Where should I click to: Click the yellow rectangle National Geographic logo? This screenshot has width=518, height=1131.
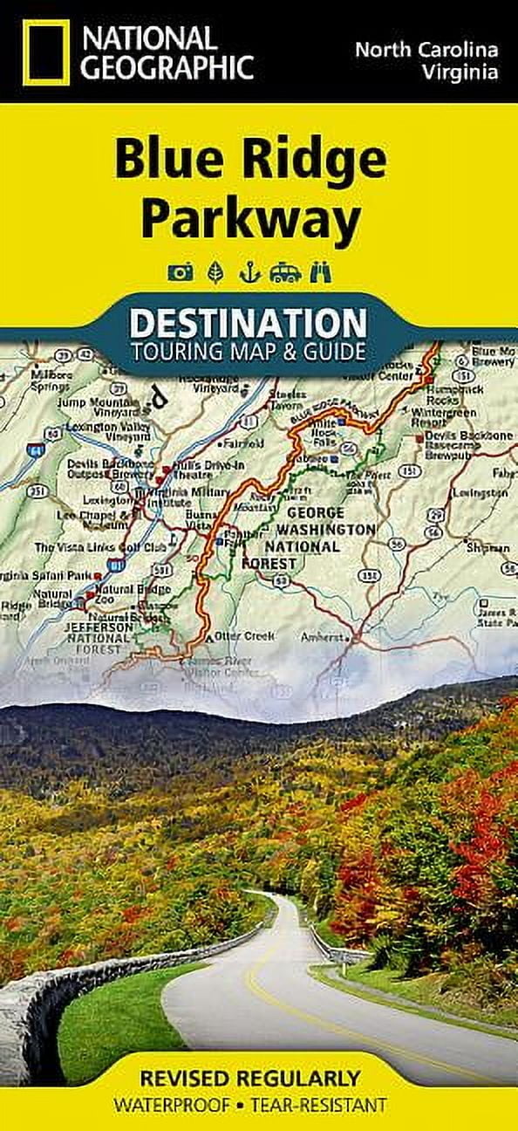pyautogui.click(x=45, y=52)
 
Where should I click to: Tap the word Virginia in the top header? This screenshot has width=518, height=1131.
pyautogui.click(x=462, y=72)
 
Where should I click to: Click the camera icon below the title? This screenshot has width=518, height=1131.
pyautogui.click(x=181, y=273)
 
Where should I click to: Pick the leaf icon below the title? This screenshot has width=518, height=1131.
pyautogui.click(x=215, y=273)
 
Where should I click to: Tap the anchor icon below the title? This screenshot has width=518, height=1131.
pyautogui.click(x=250, y=273)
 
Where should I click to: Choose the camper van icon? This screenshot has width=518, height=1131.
pyautogui.click(x=285, y=273)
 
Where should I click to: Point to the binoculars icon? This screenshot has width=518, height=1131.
pyautogui.click(x=324, y=273)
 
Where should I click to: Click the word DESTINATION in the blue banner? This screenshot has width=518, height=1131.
pyautogui.click(x=248, y=323)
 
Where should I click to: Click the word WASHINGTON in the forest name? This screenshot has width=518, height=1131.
pyautogui.click(x=325, y=530)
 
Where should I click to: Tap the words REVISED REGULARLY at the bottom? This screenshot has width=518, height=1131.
pyautogui.click(x=259, y=1077)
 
